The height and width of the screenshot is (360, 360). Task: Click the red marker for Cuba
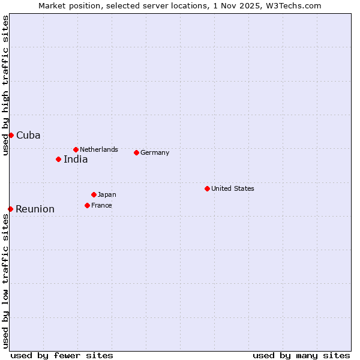(11, 135)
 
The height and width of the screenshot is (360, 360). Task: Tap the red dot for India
(58, 159)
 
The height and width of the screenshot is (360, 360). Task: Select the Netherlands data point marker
(76, 149)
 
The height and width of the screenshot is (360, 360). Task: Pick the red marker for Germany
(136, 152)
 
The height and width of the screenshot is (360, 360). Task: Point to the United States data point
(207, 188)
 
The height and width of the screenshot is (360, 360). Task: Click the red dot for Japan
(94, 194)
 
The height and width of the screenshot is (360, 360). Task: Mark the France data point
(87, 205)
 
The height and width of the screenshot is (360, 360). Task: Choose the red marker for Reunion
(10, 209)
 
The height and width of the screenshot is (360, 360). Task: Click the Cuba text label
(28, 135)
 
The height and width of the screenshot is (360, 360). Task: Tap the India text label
(76, 159)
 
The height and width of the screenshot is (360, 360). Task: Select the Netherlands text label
(99, 149)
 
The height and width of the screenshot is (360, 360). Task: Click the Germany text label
(155, 152)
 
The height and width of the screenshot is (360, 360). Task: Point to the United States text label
(233, 188)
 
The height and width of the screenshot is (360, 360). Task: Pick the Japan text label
(107, 194)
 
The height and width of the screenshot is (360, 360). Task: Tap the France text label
(101, 205)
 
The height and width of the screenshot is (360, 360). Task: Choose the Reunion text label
(35, 209)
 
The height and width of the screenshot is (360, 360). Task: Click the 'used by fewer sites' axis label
(62, 355)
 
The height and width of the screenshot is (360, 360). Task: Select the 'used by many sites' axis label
(301, 355)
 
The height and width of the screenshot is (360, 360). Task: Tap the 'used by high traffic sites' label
(5, 86)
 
